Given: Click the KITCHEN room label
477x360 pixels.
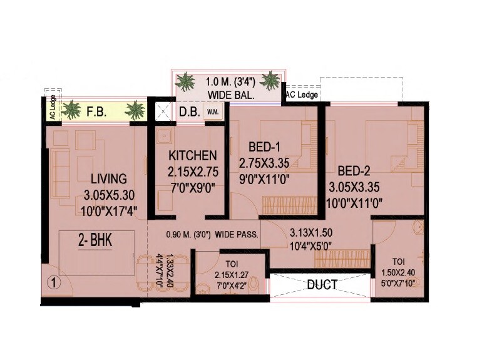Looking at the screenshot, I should tap(193, 155).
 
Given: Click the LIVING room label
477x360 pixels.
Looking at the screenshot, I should tap(108, 178).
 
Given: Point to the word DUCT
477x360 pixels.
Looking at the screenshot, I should tap(322, 285).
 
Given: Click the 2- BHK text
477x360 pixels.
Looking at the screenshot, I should tap(95, 241).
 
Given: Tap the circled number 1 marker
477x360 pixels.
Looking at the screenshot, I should tap(54, 282).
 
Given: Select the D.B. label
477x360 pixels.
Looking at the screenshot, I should tap(188, 113).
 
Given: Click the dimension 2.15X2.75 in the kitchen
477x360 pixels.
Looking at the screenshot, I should tap(192, 170).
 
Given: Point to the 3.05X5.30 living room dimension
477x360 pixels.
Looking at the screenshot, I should tap(108, 195).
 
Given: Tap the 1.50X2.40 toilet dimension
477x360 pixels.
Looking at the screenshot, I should tap(398, 274).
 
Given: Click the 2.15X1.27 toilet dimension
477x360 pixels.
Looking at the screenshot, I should tap(222, 275).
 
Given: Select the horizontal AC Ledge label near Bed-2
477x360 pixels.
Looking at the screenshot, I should tap(302, 95).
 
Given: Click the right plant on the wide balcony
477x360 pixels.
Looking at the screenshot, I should tap(270, 80).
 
